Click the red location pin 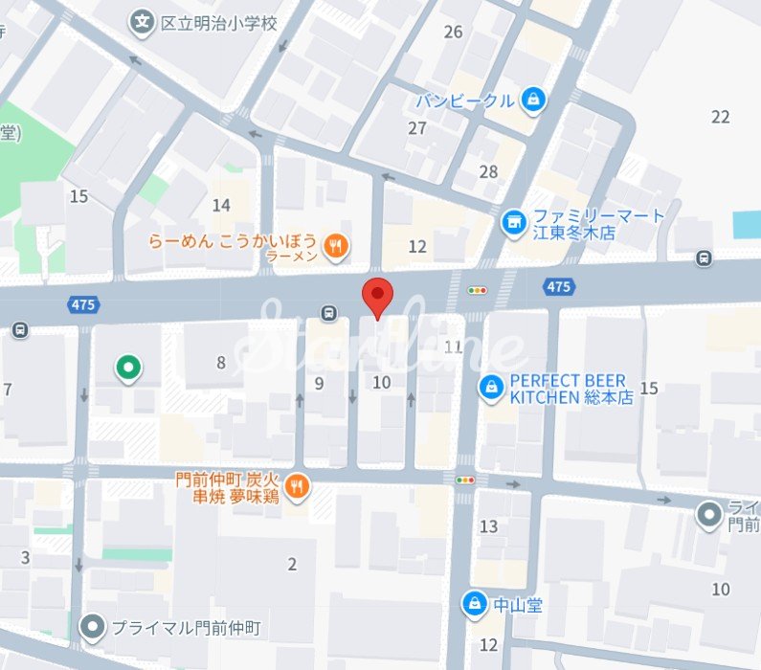378,297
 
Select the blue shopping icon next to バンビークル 533,99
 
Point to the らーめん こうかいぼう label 234,242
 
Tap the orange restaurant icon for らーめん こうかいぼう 335,247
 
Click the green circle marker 127,367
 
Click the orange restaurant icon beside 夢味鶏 298,487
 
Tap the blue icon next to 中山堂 474,603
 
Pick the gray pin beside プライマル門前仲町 92,627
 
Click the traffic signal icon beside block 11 476,289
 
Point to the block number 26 453,32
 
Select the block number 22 721,117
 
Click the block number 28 488,171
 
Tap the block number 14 221,205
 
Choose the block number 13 488,525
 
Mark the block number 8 221,362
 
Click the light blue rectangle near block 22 747,225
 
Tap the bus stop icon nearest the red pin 329,312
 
